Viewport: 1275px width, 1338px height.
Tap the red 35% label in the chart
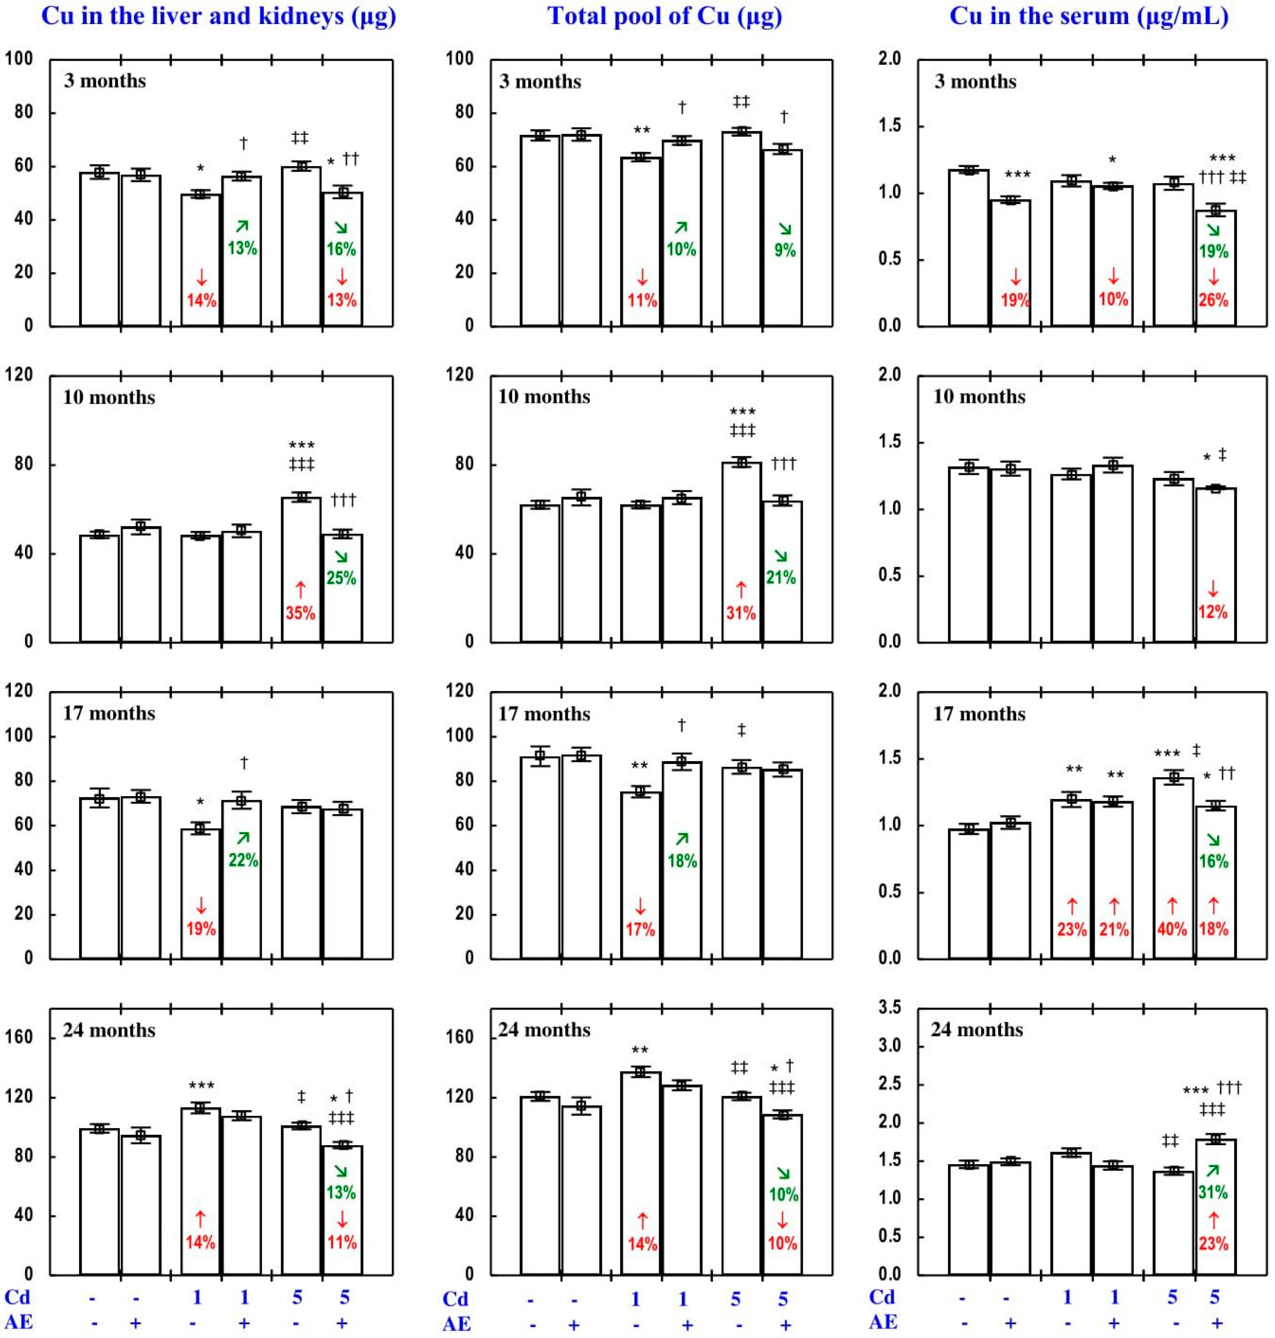coord(300,613)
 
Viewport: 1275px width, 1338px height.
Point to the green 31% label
coord(1213,1192)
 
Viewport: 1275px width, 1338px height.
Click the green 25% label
coord(341,578)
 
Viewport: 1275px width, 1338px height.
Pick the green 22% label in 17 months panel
coord(242,860)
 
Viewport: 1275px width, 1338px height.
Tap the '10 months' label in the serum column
coord(979,397)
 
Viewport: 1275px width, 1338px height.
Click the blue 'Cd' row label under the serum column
coord(882,1297)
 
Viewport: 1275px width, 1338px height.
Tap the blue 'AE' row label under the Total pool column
coord(456,1324)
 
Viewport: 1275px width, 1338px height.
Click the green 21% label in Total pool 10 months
coord(781,578)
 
